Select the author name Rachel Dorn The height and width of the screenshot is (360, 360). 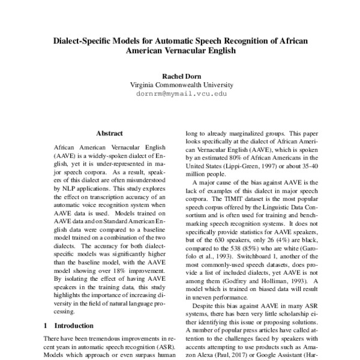point(179,76)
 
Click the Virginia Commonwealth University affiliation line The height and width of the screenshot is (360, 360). point(179,85)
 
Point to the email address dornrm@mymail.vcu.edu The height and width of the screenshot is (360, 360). point(179,94)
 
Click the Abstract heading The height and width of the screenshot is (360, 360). point(109,133)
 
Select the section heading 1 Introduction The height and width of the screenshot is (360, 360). point(68,326)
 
